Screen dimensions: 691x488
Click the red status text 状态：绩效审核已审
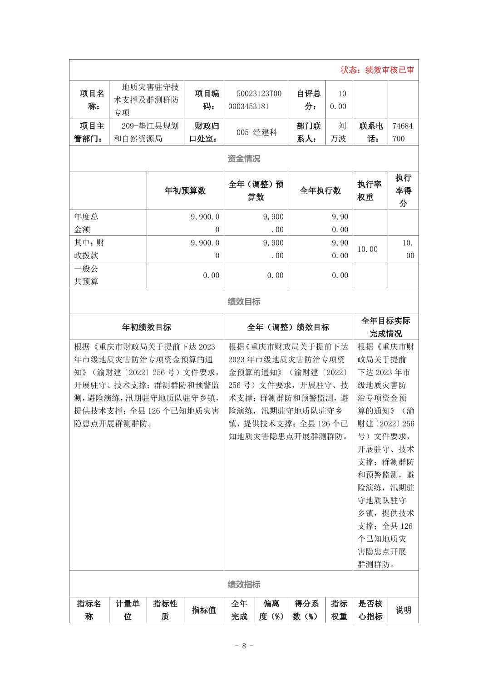coord(377,70)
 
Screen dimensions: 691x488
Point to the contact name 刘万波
coord(339,132)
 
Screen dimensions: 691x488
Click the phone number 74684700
coord(403,132)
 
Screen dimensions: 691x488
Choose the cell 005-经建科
coord(256,132)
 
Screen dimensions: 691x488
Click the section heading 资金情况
coord(244,159)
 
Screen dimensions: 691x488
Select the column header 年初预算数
coord(185,191)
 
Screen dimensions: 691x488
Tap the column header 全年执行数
coord(320,191)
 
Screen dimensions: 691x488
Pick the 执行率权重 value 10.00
coord(367,249)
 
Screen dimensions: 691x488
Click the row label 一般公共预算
coord(86,275)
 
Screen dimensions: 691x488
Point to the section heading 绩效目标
coord(244,301)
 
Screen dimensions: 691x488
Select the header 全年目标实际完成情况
coord(385,327)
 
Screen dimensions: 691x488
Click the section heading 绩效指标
coord(244,585)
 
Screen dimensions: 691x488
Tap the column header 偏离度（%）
coord(271,610)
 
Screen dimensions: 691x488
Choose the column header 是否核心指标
coord(370,610)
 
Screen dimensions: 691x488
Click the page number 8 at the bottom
coord(244,646)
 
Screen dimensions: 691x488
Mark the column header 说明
coord(403,610)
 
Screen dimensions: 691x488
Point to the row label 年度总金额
coord(86,223)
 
